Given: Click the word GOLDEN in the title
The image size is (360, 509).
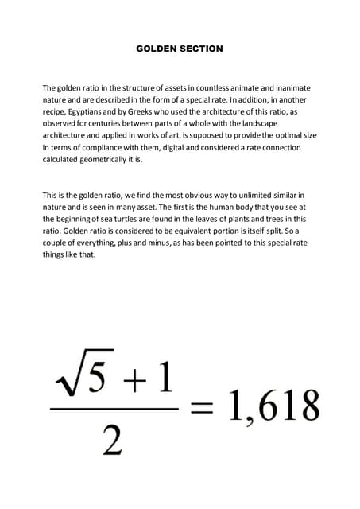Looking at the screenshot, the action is pyautogui.click(x=155, y=49).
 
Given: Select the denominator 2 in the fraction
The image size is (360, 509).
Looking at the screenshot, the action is pyautogui.click(x=113, y=439).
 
